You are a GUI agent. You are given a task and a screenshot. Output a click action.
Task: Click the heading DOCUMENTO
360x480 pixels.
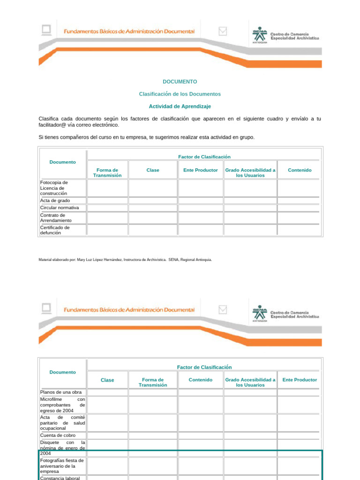coord(180,82)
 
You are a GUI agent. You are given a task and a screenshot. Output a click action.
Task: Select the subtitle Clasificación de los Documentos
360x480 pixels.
coord(180,94)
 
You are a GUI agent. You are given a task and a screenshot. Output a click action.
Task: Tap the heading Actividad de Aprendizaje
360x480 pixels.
coord(180,106)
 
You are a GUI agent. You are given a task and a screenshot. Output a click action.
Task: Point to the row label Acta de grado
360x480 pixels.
coord(55,201)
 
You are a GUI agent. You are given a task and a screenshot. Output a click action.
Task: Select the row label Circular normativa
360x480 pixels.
coord(60,208)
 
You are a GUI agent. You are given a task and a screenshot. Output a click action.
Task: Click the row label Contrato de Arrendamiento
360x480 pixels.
coord(56,217)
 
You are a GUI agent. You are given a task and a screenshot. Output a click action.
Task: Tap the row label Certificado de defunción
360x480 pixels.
coord(55,230)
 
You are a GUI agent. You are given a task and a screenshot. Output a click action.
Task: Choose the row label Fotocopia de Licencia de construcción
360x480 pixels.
coord(54,188)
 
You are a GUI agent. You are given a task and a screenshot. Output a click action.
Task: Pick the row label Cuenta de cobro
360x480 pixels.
coord(58,435)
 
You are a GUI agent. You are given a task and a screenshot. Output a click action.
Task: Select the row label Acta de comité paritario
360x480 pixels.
coord(62,422)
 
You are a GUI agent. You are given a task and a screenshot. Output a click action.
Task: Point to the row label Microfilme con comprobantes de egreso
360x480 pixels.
coord(62,405)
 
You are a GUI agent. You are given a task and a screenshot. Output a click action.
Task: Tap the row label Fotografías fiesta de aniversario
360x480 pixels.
coord(62,466)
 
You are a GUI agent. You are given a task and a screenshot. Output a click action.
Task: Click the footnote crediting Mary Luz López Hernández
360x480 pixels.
coord(125,259)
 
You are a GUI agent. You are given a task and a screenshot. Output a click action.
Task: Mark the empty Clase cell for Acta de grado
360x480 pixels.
coord(153,201)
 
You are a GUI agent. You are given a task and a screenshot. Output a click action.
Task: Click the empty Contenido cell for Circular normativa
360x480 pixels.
coord(300,208)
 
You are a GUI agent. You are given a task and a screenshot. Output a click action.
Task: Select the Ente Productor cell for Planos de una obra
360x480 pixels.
coord(300,392)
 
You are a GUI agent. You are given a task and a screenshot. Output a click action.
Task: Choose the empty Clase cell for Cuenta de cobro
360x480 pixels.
coord(107,435)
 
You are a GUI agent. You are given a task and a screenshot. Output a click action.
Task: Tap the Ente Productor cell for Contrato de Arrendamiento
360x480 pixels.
coord(201,217)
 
